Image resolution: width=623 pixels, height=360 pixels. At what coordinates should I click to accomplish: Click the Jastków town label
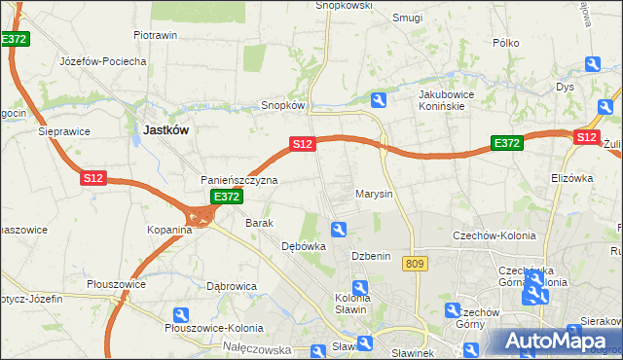click(165, 128)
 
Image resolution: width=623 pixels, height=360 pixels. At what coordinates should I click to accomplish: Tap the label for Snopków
click(284, 105)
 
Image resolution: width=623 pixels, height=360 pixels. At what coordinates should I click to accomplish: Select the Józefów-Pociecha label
click(102, 61)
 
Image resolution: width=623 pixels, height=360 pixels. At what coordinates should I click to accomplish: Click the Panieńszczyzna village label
click(239, 180)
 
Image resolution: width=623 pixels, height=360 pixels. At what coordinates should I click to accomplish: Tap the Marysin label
click(374, 194)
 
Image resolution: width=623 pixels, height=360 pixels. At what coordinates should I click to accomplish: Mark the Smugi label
click(407, 18)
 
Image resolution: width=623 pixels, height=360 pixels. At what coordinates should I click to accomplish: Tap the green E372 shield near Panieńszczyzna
click(227, 197)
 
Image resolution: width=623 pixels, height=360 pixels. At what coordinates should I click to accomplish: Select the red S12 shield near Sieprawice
click(92, 178)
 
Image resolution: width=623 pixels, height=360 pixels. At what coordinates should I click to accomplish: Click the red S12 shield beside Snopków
click(303, 144)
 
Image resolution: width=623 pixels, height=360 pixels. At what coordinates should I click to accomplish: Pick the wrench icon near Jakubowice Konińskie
click(379, 99)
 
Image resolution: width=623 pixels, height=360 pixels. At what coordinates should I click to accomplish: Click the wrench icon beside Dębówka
click(339, 230)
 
